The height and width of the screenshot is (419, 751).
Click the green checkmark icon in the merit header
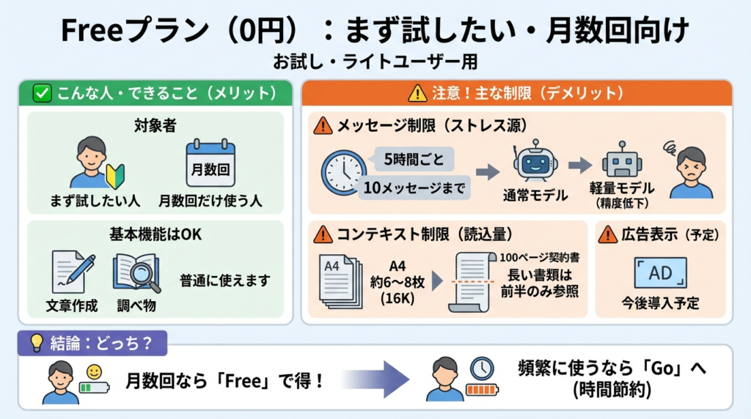point(43,93)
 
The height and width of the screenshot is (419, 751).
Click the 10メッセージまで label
point(414,188)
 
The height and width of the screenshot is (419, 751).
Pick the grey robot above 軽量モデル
point(622,162)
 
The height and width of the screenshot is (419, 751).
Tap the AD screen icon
point(660,272)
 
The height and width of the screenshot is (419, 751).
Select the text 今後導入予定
point(660,302)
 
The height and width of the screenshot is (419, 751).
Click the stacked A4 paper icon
point(341,279)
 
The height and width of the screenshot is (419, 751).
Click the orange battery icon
point(481,388)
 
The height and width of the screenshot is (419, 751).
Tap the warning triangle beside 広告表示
point(607,234)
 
